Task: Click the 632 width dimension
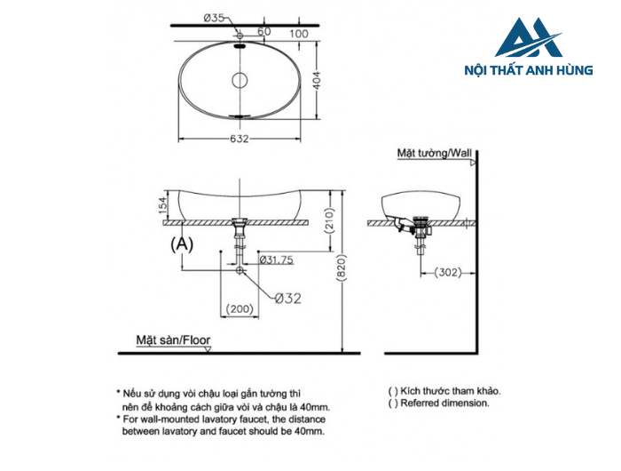(240, 138)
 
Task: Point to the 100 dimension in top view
(298, 34)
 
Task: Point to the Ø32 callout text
(286, 299)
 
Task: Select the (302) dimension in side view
(448, 272)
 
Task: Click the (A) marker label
(181, 242)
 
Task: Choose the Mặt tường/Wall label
(436, 153)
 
